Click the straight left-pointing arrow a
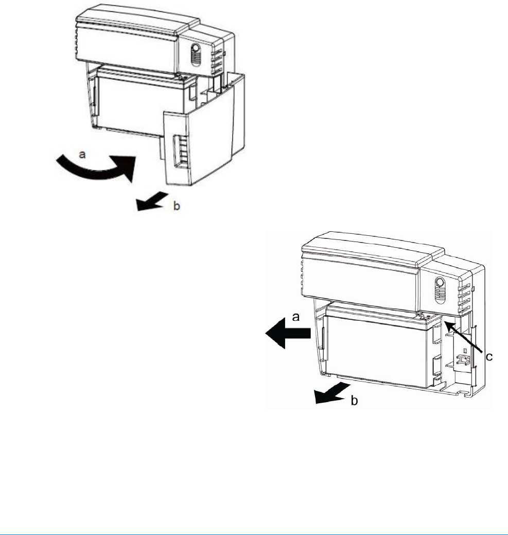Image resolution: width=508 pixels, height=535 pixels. point(287,333)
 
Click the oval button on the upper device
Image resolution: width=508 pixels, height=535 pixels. point(195,53)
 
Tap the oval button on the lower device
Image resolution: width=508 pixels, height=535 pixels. point(440,285)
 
